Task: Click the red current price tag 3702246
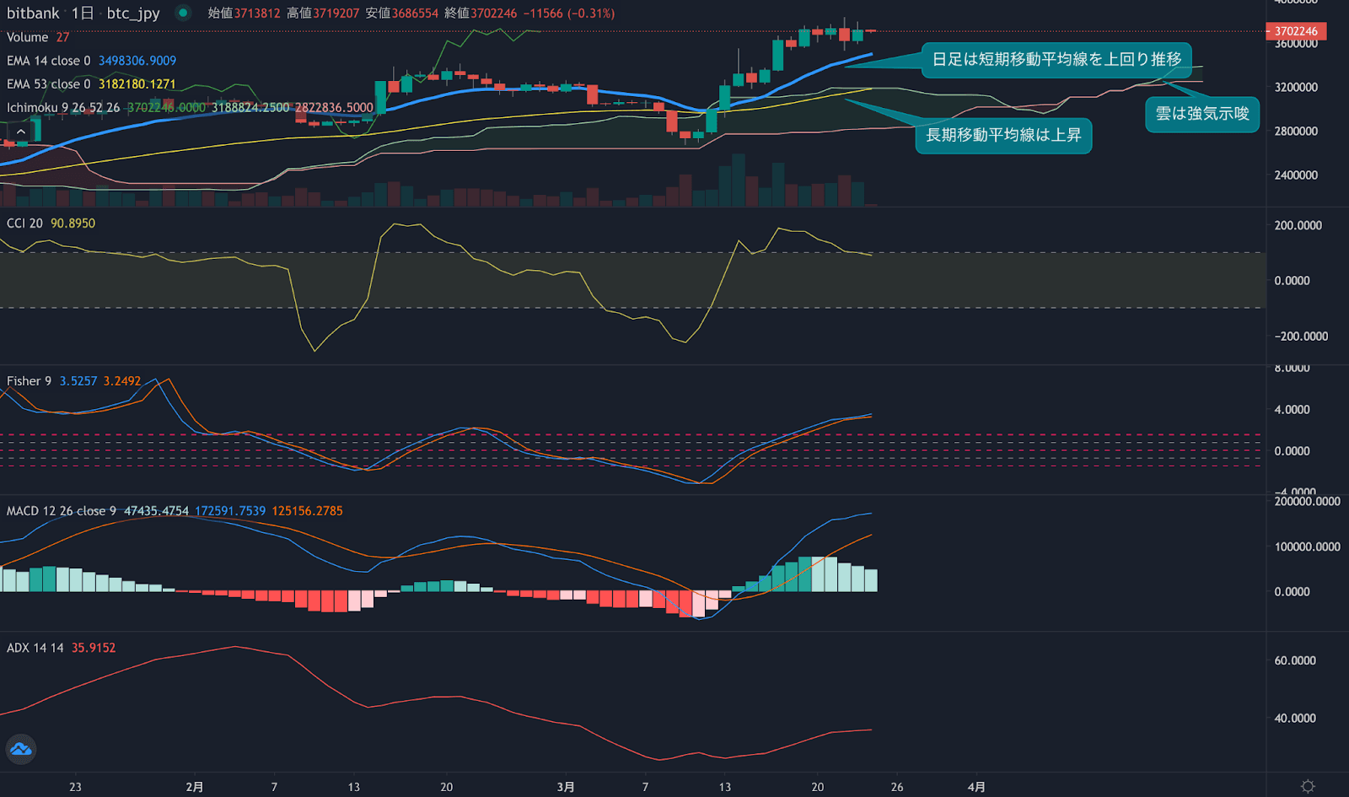(1296, 31)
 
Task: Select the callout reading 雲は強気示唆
(1201, 114)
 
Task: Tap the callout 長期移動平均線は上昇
(1003, 136)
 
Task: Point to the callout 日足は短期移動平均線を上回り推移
(1056, 60)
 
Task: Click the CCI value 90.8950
(73, 223)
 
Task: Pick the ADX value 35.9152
(94, 649)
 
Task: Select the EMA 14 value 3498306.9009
(137, 61)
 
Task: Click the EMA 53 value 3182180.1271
(137, 84)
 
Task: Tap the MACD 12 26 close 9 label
(62, 511)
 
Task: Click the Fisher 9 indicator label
(29, 381)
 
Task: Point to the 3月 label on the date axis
(566, 787)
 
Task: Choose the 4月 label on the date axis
(976, 787)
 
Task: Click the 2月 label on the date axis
(195, 787)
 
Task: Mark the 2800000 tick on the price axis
(1296, 132)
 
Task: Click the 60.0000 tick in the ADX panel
(1295, 661)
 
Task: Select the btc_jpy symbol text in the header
(133, 13)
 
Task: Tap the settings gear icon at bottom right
(1308, 786)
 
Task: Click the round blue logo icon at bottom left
(21, 749)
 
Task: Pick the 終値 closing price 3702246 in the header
(494, 13)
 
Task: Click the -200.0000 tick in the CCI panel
(1302, 337)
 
